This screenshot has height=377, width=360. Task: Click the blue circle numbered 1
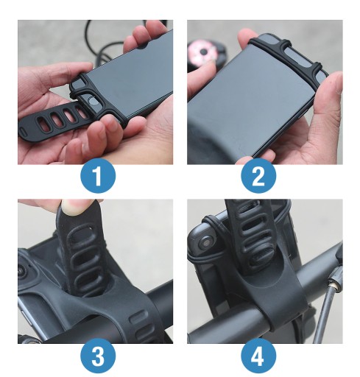[x=98, y=176]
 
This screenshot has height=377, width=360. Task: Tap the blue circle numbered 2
[x=258, y=176]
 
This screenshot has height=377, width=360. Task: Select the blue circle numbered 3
[x=98, y=356]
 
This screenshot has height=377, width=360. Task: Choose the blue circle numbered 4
[x=258, y=356]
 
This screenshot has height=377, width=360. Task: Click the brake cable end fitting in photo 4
[x=333, y=285]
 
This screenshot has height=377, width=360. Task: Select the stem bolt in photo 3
[x=21, y=271]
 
